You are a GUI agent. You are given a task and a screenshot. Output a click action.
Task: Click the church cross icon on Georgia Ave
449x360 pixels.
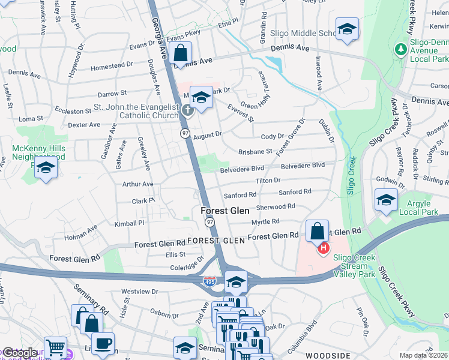click(x=188, y=109)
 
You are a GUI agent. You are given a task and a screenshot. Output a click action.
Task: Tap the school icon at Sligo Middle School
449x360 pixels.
click(x=347, y=29)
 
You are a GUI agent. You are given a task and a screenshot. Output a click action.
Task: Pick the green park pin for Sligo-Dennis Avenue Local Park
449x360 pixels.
click(x=400, y=48)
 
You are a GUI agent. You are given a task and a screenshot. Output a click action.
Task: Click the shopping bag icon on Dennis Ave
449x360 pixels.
click(x=180, y=53)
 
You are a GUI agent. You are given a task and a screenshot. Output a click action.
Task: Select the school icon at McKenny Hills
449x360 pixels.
click(x=45, y=169)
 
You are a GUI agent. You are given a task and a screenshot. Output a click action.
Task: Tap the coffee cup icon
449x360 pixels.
click(x=104, y=344)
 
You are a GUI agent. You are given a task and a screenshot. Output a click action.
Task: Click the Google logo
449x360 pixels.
click(x=19, y=353)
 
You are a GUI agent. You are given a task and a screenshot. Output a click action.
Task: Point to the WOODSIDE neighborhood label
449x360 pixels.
click(x=327, y=355)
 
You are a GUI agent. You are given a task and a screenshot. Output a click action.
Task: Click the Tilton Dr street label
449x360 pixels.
click(x=268, y=181)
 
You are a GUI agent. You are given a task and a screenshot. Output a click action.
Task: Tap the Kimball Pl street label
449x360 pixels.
click(x=130, y=223)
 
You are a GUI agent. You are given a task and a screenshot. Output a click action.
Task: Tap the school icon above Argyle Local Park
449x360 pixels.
click(x=385, y=200)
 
